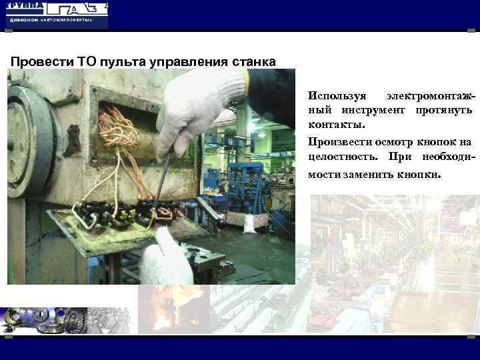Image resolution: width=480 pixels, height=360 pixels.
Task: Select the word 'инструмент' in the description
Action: coord(377,111)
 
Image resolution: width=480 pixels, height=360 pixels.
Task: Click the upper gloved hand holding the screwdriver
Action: coord(200,107)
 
